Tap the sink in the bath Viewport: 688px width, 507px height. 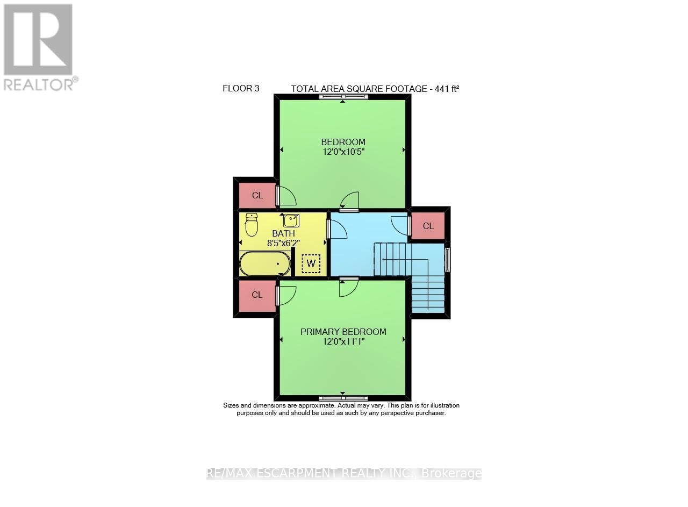pos(291,220)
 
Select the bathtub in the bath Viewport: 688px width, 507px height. pos(264,264)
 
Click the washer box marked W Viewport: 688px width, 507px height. pos(311,263)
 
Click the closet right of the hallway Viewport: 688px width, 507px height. pos(428,226)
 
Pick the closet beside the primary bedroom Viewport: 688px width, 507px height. pos(257,295)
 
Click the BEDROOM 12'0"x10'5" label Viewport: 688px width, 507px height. pos(343,147)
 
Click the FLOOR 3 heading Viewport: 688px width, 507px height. pos(241,89)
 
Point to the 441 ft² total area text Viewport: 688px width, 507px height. pos(375,89)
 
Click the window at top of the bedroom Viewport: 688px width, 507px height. pos(343,97)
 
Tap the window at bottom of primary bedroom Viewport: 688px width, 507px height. pos(343,398)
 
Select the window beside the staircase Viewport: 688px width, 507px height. pos(447,259)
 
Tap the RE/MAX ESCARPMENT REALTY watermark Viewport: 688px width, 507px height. pos(344,474)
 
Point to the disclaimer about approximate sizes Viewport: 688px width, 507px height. pos(341,409)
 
